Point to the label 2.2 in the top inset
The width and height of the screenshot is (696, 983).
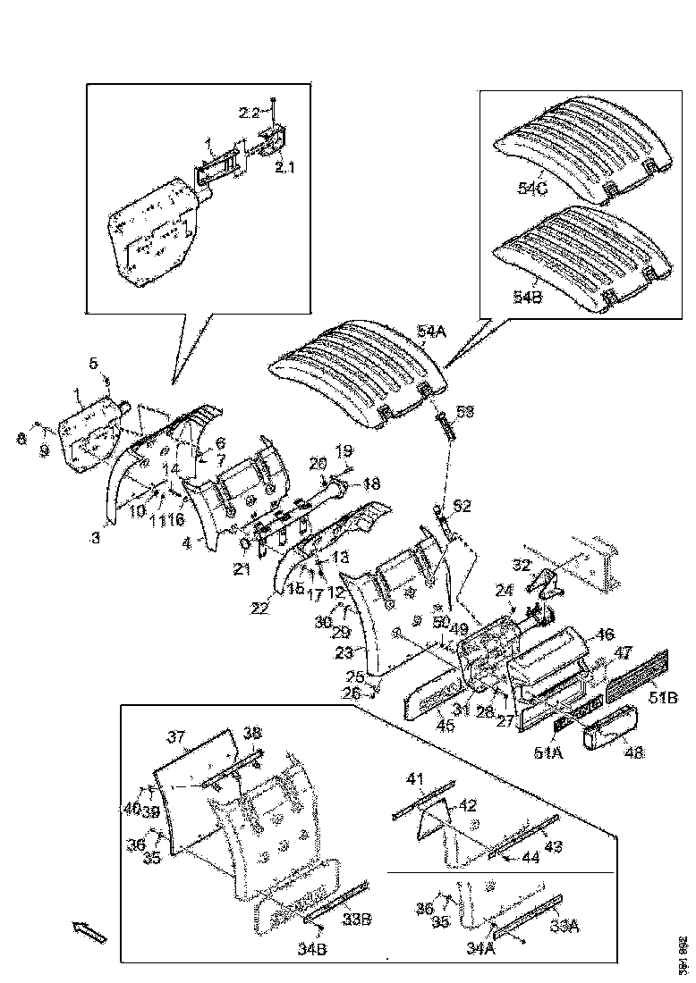[x=249, y=113]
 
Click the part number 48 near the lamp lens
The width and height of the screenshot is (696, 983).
[x=633, y=753]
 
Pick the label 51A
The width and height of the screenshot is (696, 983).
[x=547, y=753]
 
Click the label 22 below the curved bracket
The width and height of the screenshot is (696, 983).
[x=259, y=609]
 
